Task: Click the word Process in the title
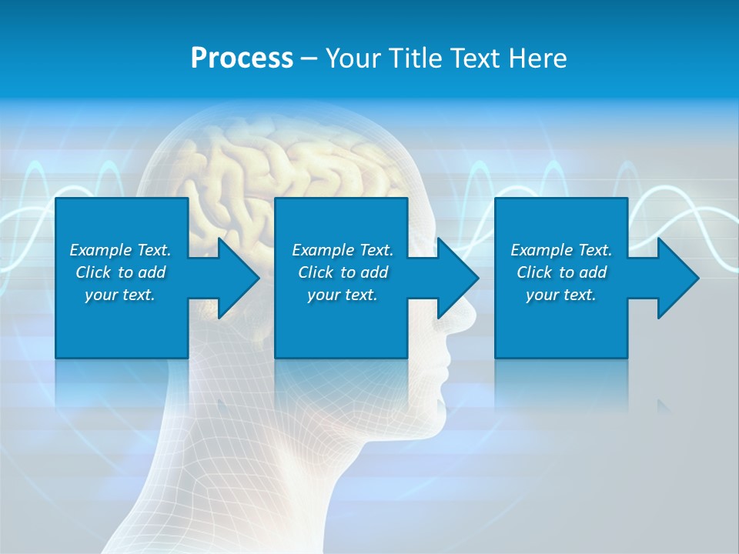coord(242,58)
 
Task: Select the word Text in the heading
coord(474,58)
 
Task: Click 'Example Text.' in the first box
coord(120,250)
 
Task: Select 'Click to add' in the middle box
coord(343,272)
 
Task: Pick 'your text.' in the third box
coord(561,295)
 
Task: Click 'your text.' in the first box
coord(120,295)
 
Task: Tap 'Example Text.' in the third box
coord(561,250)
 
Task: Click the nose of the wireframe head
coord(462,312)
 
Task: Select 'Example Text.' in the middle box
coord(343,250)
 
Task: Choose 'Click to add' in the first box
coord(120,272)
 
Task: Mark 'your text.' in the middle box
coord(343,295)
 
